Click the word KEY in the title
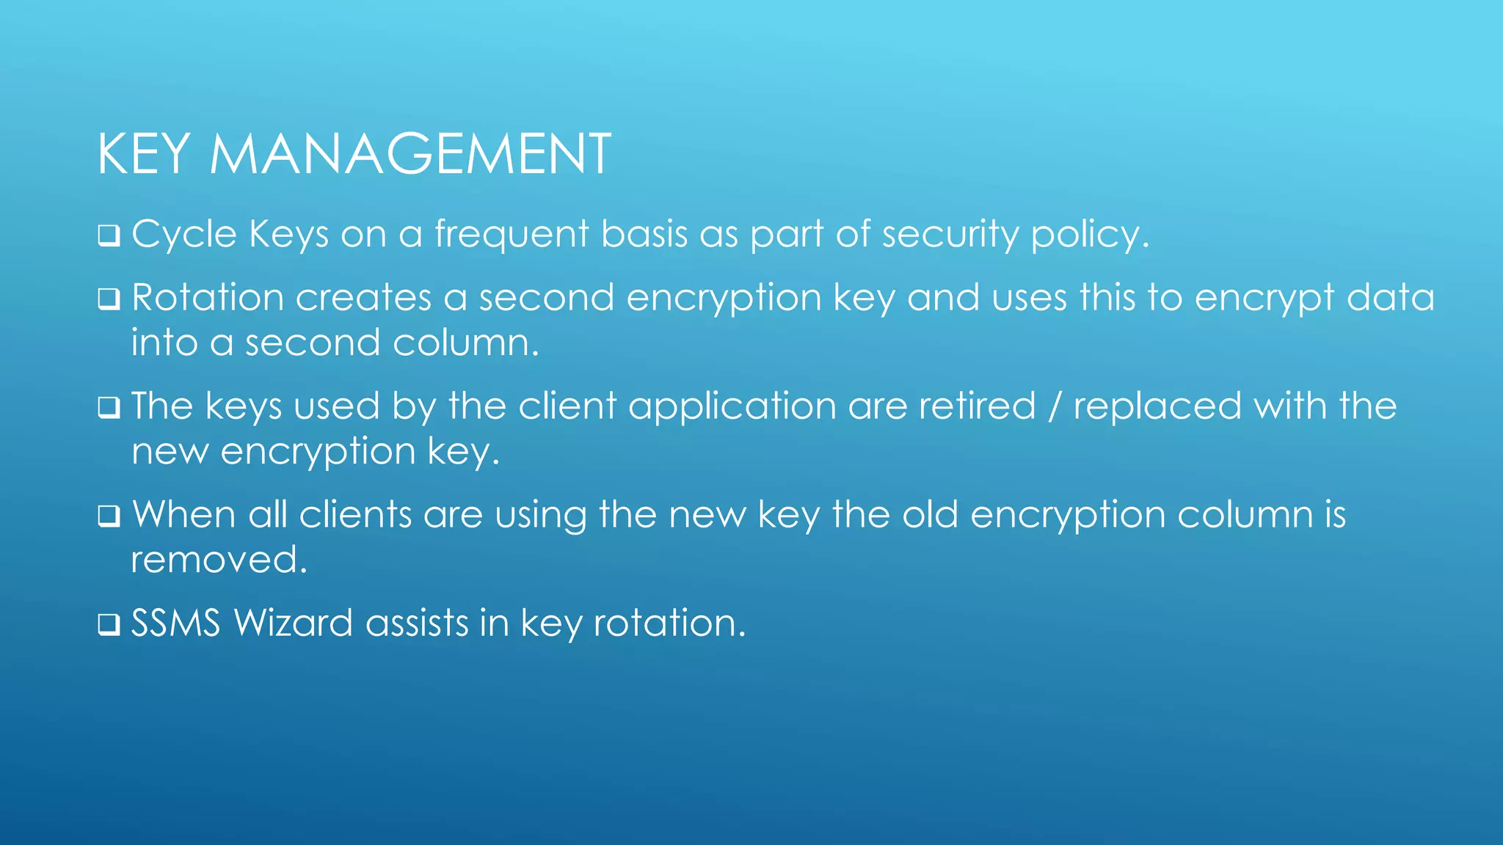(x=144, y=154)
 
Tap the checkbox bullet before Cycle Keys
(x=109, y=236)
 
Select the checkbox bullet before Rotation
(x=109, y=299)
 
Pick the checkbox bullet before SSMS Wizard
(x=109, y=625)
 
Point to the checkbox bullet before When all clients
(x=109, y=516)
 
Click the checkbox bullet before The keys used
(x=109, y=408)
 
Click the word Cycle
(x=184, y=235)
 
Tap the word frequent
(x=512, y=235)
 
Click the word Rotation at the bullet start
(x=208, y=298)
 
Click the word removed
(x=219, y=560)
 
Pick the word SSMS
(x=175, y=623)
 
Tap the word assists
(x=417, y=623)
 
